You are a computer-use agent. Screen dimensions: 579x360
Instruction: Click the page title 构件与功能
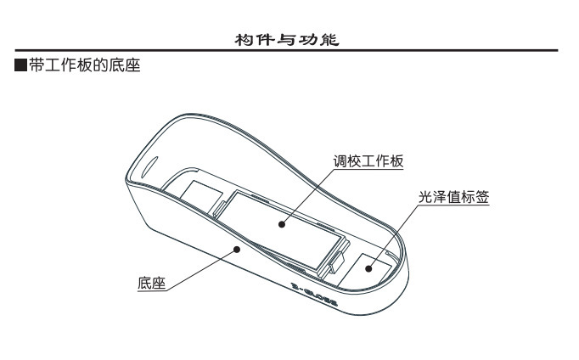289,39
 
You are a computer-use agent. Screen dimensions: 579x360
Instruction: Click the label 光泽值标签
454,197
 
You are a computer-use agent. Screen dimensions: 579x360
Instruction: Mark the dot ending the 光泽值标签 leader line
368,267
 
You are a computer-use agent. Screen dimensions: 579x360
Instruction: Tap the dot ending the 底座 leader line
238,247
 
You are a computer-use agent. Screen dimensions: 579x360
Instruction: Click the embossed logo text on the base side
315,295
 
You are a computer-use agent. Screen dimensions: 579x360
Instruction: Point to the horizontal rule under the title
289,52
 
